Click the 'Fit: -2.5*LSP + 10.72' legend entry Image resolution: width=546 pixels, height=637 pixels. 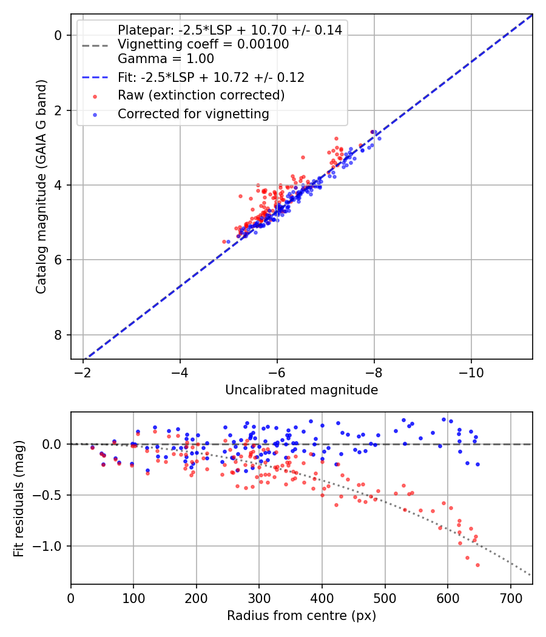click(211, 78)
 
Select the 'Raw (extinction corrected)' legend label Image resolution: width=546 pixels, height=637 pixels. click(201, 95)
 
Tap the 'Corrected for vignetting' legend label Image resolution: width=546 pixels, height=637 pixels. click(193, 113)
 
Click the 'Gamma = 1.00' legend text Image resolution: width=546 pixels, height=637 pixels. click(166, 59)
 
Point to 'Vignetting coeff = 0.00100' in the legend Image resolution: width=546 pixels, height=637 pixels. click(203, 44)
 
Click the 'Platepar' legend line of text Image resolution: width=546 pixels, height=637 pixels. click(229, 30)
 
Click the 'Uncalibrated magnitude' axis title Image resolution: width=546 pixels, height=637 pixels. click(302, 390)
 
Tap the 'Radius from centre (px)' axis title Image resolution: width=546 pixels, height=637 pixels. click(302, 616)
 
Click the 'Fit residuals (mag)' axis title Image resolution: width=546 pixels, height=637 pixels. click(19, 499)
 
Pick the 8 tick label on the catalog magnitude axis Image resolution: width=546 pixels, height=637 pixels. click(58, 335)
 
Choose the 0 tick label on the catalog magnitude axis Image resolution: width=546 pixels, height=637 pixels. click(58, 35)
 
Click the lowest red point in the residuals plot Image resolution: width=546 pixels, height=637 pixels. click(477, 565)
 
